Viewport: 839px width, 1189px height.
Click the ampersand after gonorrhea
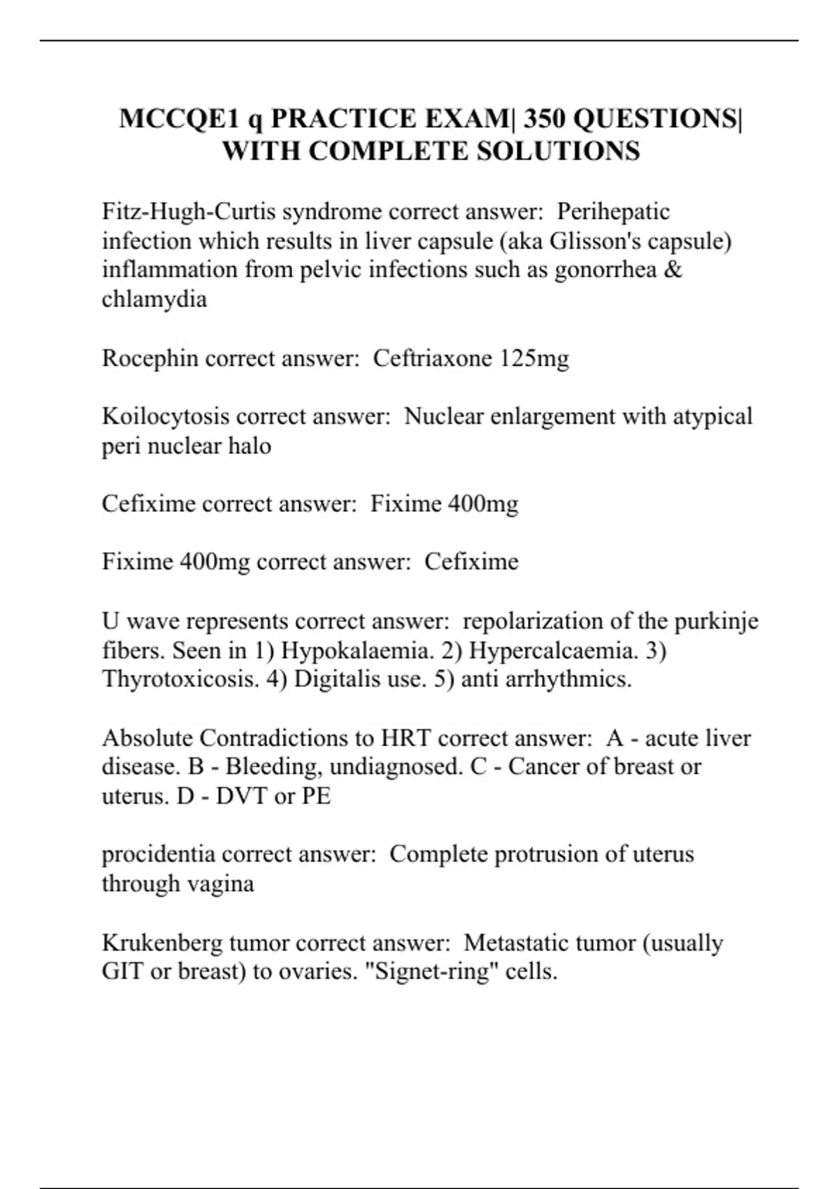673,270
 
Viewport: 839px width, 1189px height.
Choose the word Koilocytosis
166,416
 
